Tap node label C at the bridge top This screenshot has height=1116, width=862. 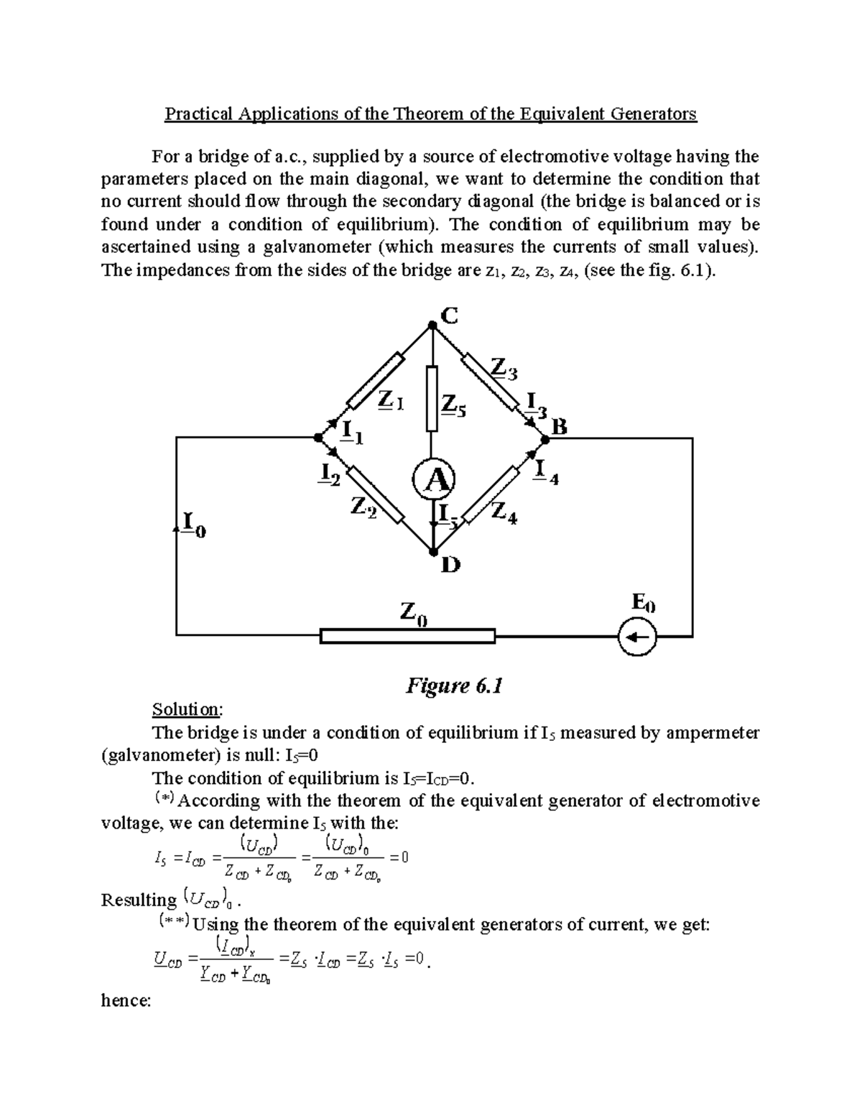(448, 315)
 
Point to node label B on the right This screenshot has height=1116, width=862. (559, 428)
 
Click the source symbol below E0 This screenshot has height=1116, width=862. (638, 636)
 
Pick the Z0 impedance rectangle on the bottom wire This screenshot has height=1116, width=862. (407, 636)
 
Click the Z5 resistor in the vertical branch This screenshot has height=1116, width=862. (432, 399)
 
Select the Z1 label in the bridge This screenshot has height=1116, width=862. (390, 401)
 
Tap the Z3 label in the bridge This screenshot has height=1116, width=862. (503, 369)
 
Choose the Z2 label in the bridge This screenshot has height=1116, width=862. (363, 507)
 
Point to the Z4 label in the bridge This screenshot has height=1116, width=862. (504, 513)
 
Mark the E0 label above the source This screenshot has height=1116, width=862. (643, 604)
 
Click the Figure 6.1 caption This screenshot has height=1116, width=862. (453, 686)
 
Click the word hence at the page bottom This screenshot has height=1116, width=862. (126, 1000)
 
